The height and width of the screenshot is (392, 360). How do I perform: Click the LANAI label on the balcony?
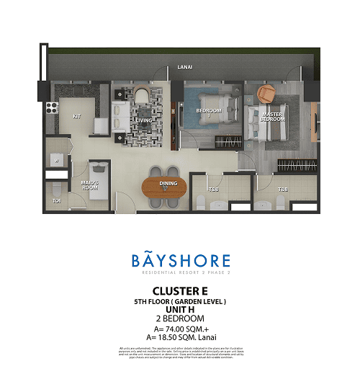pyautogui.click(x=184, y=68)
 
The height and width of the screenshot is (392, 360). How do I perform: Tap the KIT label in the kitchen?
pyautogui.click(x=76, y=115)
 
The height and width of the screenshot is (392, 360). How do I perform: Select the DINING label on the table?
pyautogui.click(x=168, y=184)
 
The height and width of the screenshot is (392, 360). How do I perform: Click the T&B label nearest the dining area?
pyautogui.click(x=214, y=190)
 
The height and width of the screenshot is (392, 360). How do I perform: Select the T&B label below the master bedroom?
pyautogui.click(x=284, y=190)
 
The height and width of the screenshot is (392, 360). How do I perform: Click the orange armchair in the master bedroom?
pyautogui.click(x=267, y=94)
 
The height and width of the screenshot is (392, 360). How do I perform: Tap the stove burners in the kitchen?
pyautogui.click(x=52, y=108)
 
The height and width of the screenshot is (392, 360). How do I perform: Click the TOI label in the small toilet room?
pyautogui.click(x=56, y=200)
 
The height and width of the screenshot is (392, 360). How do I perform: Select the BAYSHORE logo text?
pyautogui.click(x=181, y=261)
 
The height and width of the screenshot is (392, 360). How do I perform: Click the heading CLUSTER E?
pyautogui.click(x=180, y=292)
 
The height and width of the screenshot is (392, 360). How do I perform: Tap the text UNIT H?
pyautogui.click(x=180, y=310)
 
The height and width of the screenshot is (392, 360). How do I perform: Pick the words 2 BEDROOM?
pyautogui.click(x=180, y=318)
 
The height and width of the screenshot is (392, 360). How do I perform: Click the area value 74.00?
pyautogui.click(x=173, y=329)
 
